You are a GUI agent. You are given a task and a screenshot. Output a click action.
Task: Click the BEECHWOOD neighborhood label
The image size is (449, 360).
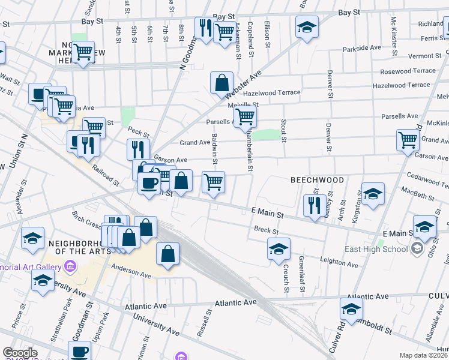[318, 180]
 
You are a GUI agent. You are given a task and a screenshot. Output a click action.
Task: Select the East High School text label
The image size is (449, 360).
[377, 249]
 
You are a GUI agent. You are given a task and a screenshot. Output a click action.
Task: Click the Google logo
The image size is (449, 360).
[20, 353]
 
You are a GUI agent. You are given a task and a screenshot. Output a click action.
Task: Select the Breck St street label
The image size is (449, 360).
[267, 230]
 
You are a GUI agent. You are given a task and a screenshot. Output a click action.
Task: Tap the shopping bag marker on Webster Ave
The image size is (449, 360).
[221, 83]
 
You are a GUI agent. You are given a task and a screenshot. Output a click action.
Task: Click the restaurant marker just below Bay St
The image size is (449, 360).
[204, 27]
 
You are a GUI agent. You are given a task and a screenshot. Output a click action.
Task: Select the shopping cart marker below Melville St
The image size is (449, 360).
[245, 116]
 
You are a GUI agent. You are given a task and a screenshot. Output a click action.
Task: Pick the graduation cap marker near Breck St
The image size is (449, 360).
[279, 249]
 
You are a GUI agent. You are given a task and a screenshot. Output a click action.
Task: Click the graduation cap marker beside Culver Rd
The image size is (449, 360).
[351, 308]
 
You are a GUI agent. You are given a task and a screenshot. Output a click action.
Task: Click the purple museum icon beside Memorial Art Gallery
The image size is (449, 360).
[71, 266]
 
